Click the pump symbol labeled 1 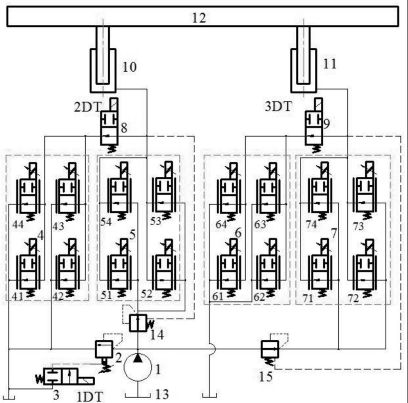(x=137, y=367)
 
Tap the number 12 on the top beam (x=199, y=18)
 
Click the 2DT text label (x=88, y=107)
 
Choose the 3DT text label (x=278, y=106)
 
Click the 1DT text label (x=90, y=397)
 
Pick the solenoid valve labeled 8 (x=110, y=125)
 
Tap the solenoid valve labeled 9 (x=314, y=125)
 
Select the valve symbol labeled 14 (x=138, y=323)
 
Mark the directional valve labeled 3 (x=65, y=377)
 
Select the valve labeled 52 (x=164, y=269)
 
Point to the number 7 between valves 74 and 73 (x=334, y=233)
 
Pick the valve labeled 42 (x=68, y=268)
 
